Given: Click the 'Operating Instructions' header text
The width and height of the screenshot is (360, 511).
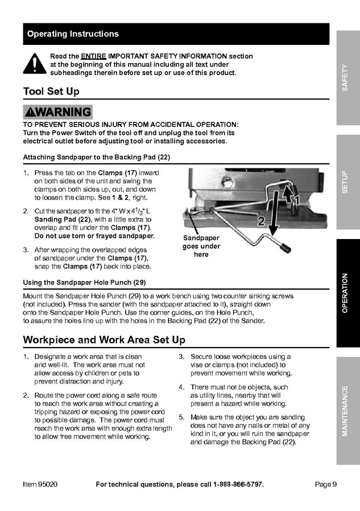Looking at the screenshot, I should [73, 34].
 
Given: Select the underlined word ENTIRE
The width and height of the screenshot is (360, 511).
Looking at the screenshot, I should [93, 56].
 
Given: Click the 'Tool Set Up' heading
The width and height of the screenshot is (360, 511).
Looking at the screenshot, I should [51, 92].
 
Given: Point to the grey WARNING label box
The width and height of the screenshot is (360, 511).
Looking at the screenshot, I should [57, 112].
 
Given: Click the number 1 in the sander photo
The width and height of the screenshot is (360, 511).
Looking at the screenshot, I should [295, 199].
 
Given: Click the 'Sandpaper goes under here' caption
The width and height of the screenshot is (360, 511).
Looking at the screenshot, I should [201, 246].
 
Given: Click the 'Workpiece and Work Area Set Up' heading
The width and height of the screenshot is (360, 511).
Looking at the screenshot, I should [104, 340].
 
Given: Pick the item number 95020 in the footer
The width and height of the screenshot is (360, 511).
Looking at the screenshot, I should [40, 484].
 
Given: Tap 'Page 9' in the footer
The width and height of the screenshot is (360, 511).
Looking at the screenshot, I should [325, 484].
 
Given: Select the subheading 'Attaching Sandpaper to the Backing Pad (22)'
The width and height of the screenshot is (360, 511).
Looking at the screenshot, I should [97, 157].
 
